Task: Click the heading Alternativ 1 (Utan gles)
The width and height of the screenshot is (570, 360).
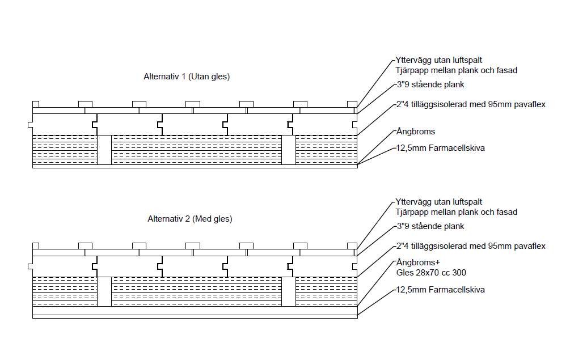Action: coord(187,77)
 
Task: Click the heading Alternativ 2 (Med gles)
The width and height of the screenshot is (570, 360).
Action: coord(189,218)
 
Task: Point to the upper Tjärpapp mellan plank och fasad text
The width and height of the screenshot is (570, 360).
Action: coord(457,70)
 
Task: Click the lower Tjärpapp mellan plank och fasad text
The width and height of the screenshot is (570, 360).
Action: coord(457,212)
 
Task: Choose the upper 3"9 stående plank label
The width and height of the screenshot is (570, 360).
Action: coord(430,84)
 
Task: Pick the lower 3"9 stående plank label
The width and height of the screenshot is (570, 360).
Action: coord(430,226)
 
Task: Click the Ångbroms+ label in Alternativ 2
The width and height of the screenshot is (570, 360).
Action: coord(417,262)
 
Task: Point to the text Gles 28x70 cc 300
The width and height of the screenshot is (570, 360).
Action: coord(431,273)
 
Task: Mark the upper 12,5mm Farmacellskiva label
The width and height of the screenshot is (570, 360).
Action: coord(440,148)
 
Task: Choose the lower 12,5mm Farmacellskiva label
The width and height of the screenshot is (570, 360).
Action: coord(440,290)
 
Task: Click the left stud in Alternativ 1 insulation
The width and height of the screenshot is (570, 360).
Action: coord(104,150)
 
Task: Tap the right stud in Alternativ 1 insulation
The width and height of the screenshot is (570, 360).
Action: coord(289,150)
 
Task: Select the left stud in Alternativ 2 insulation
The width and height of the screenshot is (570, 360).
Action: coord(104,291)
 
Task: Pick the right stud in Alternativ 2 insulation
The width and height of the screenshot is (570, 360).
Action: coord(289,291)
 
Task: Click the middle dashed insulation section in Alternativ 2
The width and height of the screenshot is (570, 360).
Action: coord(197,291)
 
